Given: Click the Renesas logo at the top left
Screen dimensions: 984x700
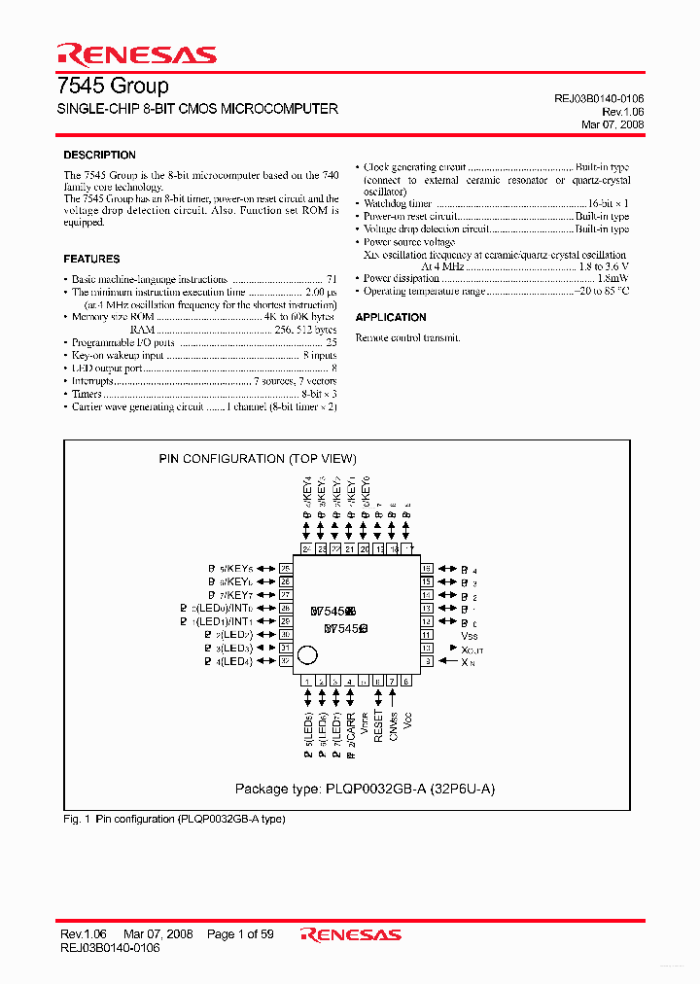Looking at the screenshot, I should click(x=136, y=53).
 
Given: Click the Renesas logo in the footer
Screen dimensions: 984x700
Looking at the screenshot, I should click(x=351, y=934).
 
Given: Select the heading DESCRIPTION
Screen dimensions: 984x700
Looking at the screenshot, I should click(x=99, y=156).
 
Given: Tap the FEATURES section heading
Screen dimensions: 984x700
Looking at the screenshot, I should click(x=91, y=260).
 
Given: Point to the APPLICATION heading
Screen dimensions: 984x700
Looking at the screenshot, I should click(x=391, y=318).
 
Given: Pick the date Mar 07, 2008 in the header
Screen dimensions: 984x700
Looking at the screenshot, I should click(x=612, y=124).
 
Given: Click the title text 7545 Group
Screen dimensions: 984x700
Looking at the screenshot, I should click(x=115, y=86).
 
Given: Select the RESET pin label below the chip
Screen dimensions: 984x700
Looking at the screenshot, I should click(x=378, y=725).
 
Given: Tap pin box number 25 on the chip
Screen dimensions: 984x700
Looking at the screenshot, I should click(x=286, y=568).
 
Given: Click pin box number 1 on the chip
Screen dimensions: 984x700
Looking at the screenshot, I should click(x=307, y=681).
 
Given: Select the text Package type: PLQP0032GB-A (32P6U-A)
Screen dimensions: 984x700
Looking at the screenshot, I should click(x=365, y=789).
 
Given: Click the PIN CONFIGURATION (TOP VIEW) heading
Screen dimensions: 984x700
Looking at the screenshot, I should click(x=258, y=459).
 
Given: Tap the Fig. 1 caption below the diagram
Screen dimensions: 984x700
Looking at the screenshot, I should click(x=173, y=819).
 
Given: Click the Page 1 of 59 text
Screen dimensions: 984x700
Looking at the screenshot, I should click(x=240, y=934).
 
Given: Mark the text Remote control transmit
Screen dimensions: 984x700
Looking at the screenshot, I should click(x=407, y=337).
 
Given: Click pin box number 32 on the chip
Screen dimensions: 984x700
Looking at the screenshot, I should click(x=286, y=661).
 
